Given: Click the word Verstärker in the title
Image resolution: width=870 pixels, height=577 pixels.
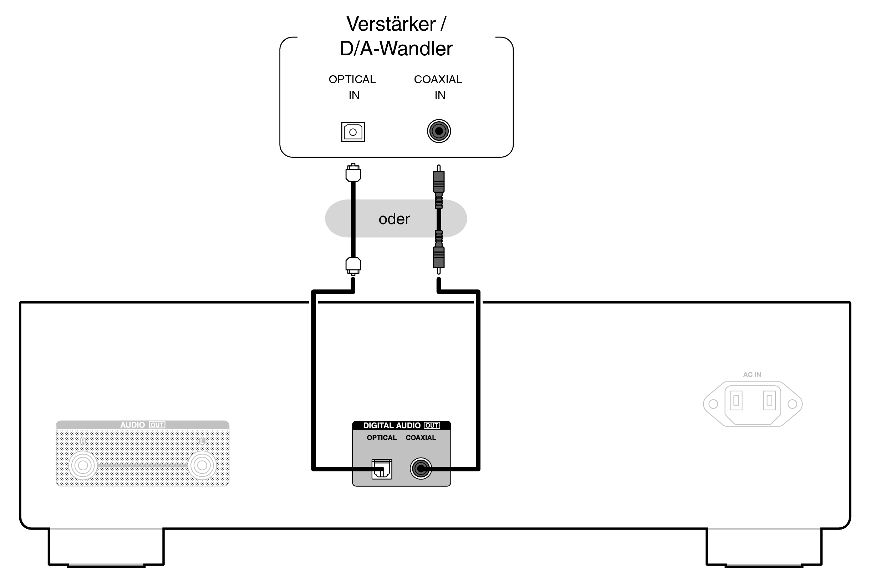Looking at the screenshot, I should pos(391,24).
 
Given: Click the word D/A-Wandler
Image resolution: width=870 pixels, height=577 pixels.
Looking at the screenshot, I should pos(396,49).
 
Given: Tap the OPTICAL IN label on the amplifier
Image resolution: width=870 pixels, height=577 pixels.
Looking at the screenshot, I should pos(352,87).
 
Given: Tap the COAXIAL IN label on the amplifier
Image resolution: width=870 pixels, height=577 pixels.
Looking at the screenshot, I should pos(438,87).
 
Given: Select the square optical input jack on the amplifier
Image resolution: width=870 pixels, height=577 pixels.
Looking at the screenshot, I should pos(353,132).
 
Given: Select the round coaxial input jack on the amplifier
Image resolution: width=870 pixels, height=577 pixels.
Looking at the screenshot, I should pos(438,131).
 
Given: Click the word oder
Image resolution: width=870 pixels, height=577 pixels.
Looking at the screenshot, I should pos(394,219).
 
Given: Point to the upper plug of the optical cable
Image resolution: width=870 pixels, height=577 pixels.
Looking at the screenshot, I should pos(353,173).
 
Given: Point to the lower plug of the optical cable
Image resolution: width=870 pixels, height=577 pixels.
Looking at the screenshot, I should pos(353,265).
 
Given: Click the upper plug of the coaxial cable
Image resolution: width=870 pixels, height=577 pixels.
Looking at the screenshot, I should pos(438,181).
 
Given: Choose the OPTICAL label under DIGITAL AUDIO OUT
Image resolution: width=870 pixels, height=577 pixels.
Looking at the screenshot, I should pos(381,437).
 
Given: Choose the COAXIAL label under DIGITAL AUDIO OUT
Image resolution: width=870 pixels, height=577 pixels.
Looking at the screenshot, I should pos(421,437).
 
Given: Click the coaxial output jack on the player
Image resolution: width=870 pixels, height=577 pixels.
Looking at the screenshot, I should pos(421,469).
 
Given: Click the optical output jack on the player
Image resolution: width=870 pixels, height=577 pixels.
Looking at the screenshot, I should pos(381,469).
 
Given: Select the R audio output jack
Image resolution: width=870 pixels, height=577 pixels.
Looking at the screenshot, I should pos(83,465).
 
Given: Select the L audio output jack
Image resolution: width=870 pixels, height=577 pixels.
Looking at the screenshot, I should pos(202,465).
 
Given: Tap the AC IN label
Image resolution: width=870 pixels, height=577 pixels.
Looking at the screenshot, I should pos(752,375).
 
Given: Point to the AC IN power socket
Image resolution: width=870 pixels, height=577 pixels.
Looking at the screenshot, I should pos(752,404).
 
